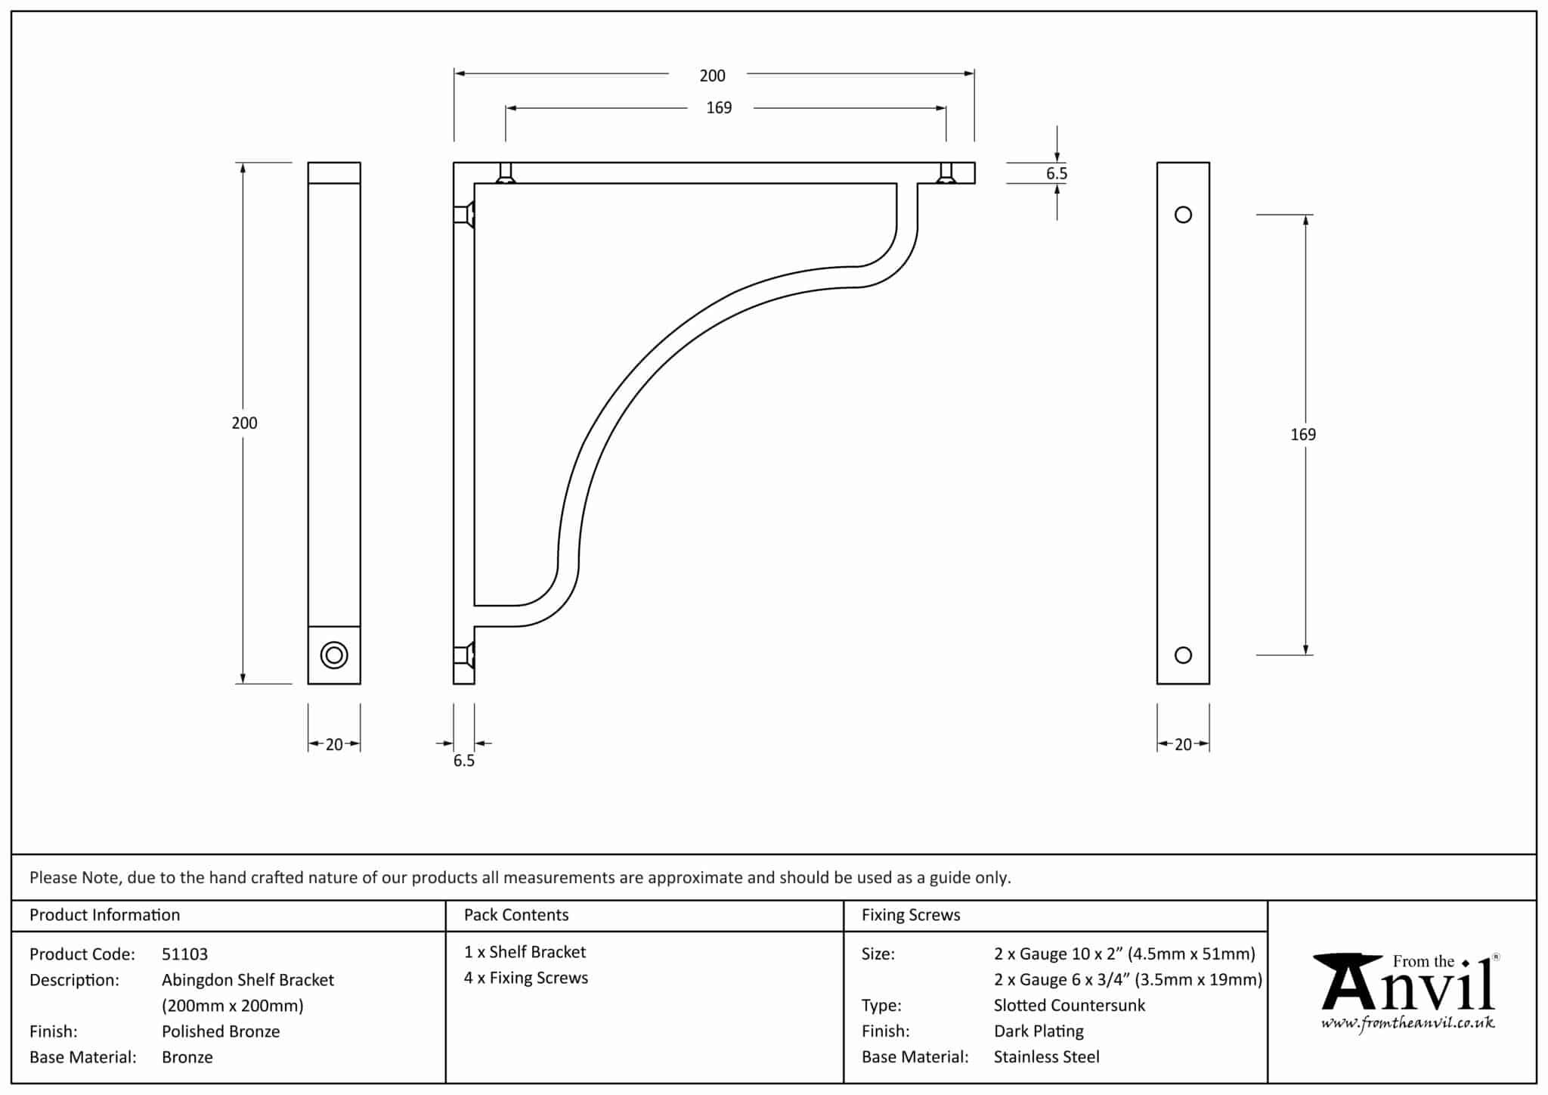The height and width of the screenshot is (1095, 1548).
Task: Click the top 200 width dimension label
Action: pos(712,76)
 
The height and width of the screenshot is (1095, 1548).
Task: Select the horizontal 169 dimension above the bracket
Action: pos(719,108)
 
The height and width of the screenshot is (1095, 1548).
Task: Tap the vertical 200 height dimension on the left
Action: pos(244,423)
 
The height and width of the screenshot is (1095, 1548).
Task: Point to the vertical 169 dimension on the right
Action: pos(1303,435)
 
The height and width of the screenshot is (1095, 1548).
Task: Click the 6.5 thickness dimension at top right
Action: pos(1056,174)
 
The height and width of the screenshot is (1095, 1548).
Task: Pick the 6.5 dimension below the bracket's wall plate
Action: pos(464,761)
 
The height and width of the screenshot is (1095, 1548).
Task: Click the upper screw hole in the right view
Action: pos(1183,215)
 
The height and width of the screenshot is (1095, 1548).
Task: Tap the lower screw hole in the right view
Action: pos(1183,655)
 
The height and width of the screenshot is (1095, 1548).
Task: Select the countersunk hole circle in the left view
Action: pos(334,655)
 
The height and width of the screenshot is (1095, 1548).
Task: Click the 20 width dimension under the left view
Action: pos(334,745)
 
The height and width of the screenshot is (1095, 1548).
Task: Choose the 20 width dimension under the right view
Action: pos(1183,745)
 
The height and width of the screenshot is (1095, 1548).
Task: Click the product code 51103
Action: pos(184,954)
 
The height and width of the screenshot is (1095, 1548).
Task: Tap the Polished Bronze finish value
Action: pos(221,1031)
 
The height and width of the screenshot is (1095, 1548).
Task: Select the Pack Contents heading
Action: pos(516,915)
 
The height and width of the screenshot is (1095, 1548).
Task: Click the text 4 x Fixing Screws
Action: pos(526,978)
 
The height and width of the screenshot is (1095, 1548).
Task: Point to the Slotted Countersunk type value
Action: pos(1070,1006)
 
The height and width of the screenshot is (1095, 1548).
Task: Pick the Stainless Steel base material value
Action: pos(1047,1057)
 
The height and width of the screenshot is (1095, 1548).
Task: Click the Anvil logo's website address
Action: pos(1407,1024)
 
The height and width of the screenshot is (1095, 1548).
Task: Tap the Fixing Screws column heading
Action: pos(911,915)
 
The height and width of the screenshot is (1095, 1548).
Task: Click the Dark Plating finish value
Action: pos(1039,1031)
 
